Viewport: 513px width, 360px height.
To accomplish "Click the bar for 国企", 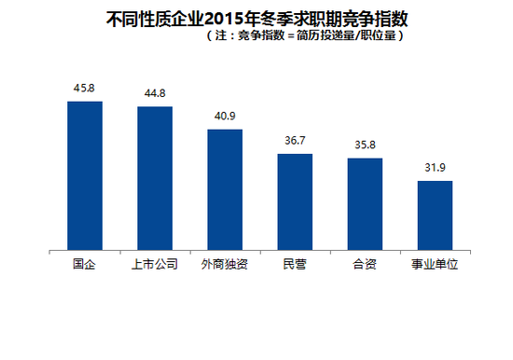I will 85,175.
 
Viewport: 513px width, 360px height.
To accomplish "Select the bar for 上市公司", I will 155,178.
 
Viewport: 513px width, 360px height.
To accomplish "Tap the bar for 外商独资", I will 225,189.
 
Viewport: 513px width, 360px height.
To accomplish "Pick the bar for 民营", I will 295,201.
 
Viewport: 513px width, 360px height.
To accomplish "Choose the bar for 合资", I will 365,204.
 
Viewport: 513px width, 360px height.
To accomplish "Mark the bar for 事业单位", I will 435,215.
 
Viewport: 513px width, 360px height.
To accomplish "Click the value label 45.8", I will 85,89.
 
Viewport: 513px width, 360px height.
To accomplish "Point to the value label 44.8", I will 155,94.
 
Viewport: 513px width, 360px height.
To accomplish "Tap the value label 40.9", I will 225,117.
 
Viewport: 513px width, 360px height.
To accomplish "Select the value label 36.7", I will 295,141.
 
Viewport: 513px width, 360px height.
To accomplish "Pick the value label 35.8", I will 365,145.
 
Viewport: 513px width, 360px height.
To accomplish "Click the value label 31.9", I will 435,168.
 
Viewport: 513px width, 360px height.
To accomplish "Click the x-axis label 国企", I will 85,265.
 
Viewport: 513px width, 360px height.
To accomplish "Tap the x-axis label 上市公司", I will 155,265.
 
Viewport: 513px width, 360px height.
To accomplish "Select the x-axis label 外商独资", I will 225,265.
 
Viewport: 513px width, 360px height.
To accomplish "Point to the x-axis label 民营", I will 295,265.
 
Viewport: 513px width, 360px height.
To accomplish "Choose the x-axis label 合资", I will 365,265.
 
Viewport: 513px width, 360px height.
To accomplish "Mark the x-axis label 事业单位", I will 435,265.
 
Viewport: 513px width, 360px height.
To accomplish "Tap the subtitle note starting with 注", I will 303,36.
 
